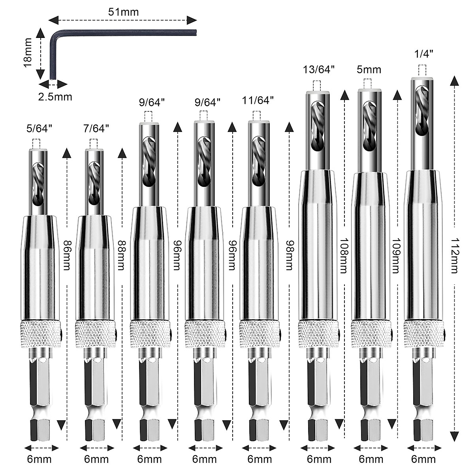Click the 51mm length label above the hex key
coord(123,12)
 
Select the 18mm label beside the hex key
coord(27,53)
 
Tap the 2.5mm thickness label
coord(55,96)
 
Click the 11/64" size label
coord(258,100)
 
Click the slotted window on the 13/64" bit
coord(318,126)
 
